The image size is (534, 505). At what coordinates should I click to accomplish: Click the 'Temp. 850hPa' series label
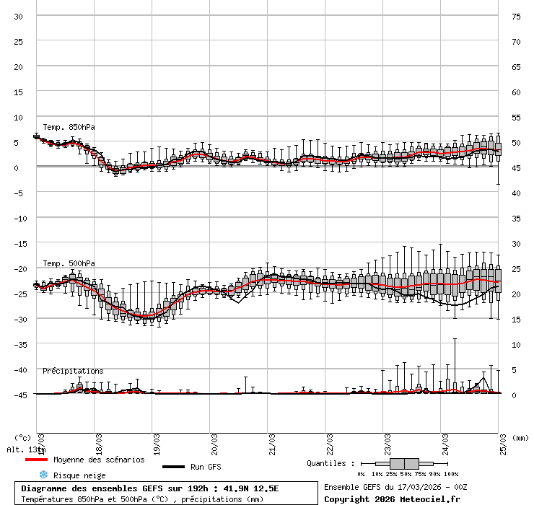69,127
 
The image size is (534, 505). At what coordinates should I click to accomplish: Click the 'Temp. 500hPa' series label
69,263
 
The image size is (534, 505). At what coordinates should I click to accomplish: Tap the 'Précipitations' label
73,371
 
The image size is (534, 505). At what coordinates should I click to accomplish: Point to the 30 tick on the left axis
18,16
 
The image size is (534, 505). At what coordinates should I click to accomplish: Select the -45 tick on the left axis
16,395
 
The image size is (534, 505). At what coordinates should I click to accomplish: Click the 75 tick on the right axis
516,16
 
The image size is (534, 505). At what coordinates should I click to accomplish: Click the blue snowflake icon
43,475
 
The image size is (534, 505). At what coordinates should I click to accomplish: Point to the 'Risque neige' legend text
79,475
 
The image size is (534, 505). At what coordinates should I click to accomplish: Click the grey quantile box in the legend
404,463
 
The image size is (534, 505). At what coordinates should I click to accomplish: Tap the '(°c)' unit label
23,437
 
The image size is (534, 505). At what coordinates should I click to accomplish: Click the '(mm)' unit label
520,437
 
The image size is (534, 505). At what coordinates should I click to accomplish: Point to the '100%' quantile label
451,474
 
